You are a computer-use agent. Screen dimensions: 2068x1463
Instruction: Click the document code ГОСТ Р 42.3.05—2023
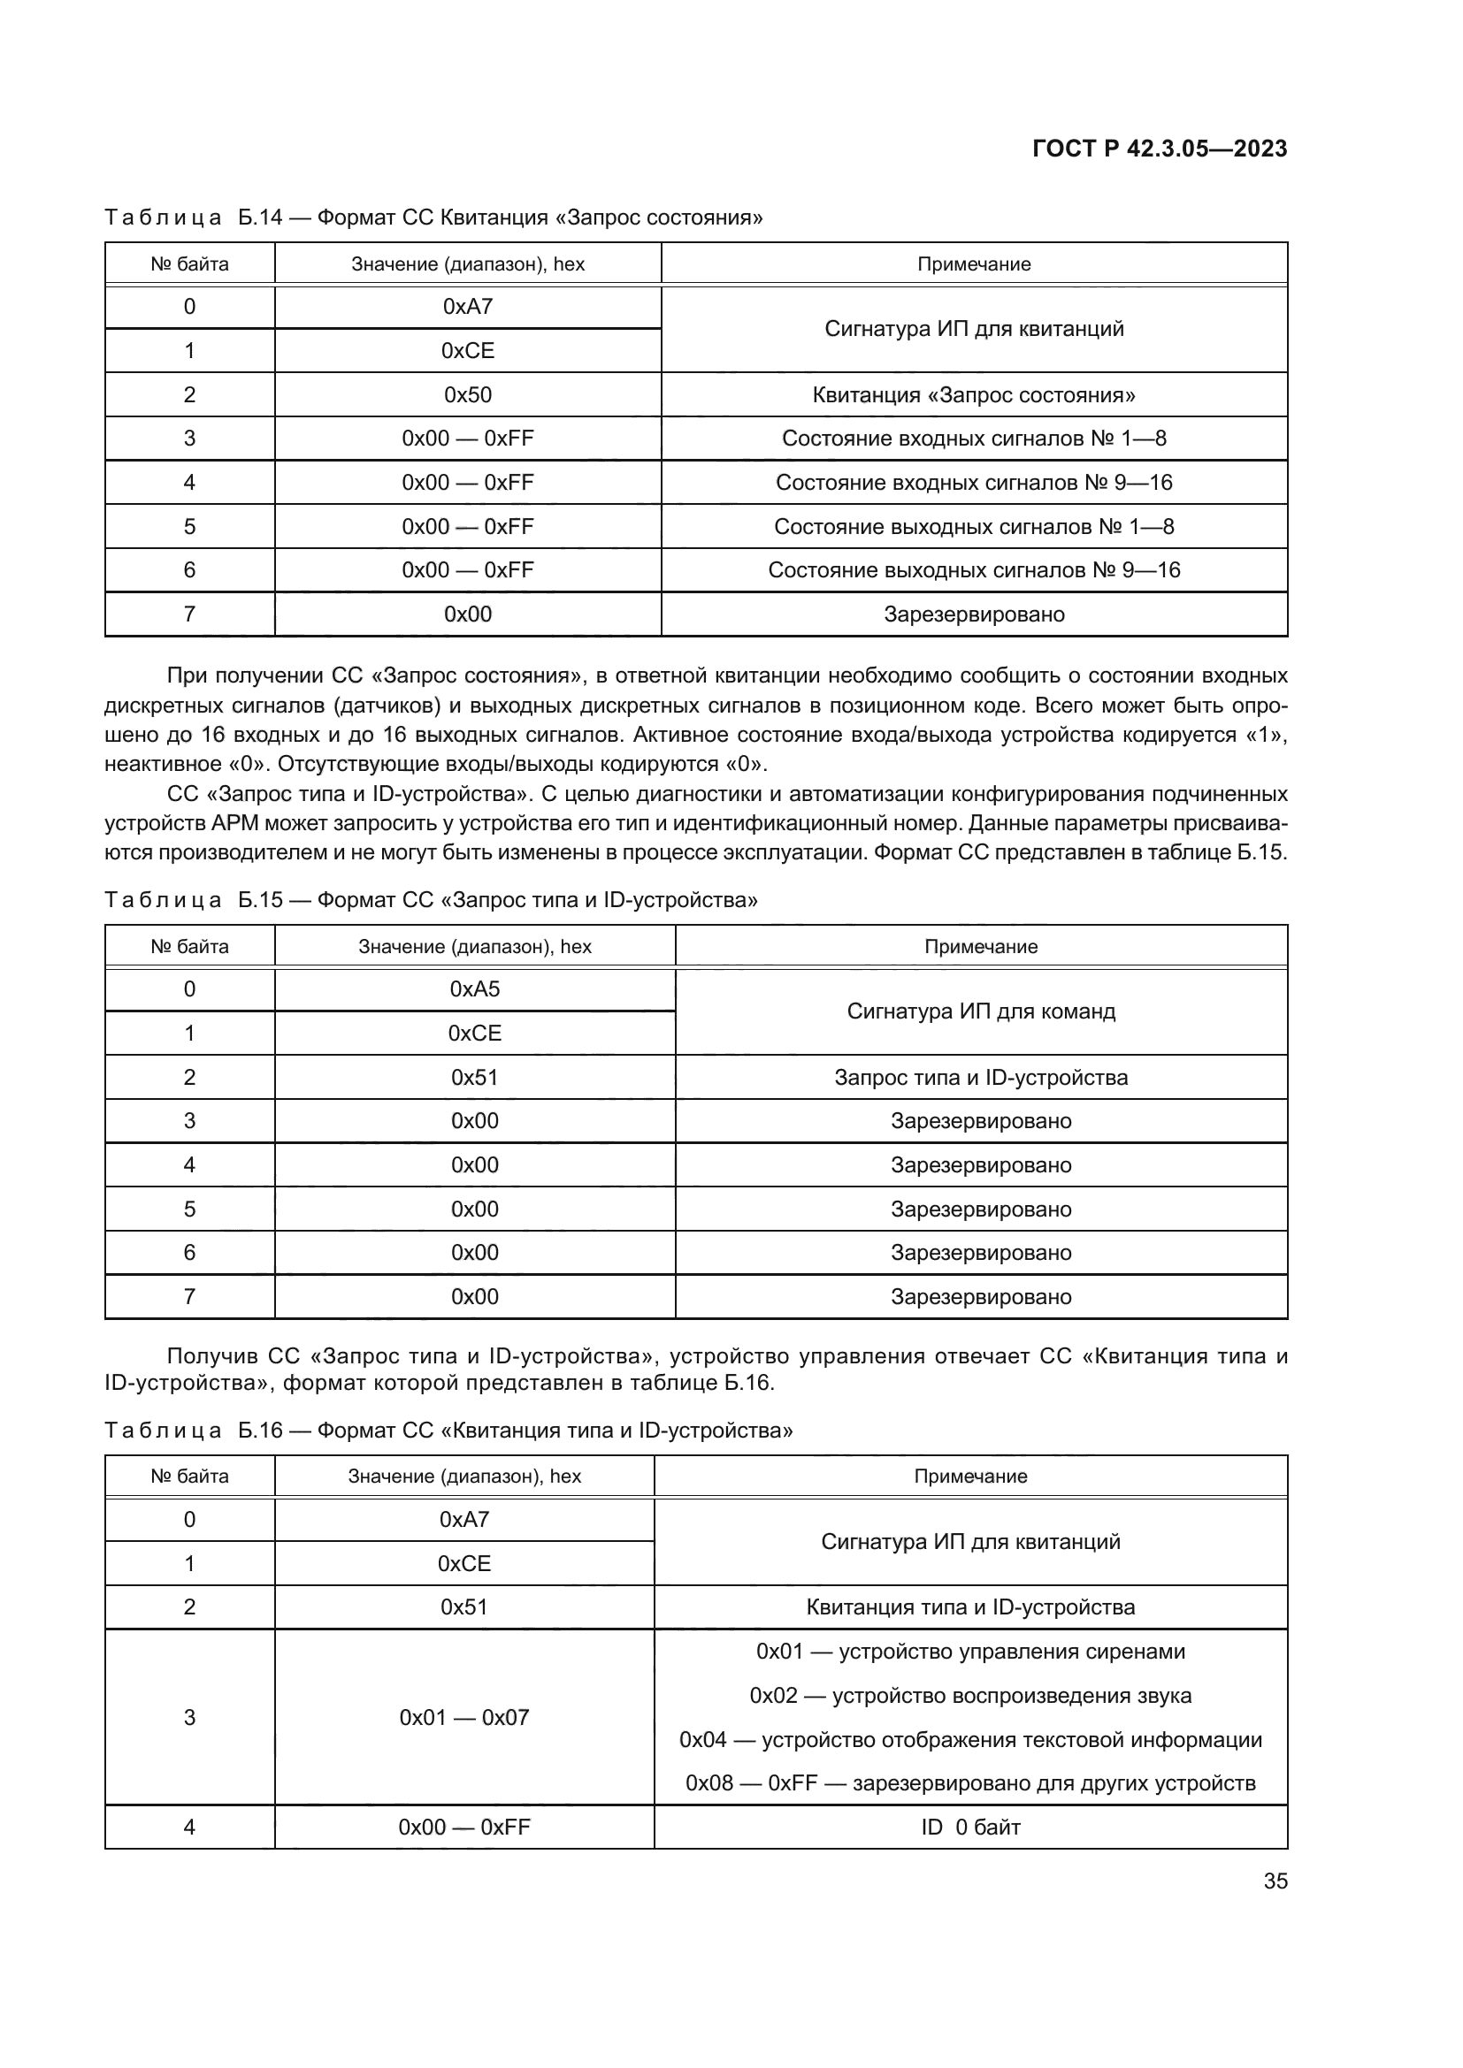coord(1159,149)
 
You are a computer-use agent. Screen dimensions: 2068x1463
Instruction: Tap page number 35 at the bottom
coord(1275,1881)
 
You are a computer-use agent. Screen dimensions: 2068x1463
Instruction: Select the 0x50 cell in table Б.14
coord(468,394)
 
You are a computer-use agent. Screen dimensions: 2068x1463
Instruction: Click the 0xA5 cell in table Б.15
coord(474,989)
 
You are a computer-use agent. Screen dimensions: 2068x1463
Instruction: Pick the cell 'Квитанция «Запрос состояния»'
coord(973,394)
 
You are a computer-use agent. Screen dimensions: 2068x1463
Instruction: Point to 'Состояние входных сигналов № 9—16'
coord(973,483)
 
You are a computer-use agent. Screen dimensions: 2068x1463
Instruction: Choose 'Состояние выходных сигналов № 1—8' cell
coord(973,527)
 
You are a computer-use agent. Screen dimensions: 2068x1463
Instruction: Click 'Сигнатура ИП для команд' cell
coord(980,1011)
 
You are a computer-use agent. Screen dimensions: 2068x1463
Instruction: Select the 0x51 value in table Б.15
coord(474,1077)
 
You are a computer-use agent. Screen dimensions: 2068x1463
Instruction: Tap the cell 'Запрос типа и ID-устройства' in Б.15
coord(980,1077)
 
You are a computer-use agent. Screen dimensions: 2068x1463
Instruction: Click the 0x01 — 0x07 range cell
coord(464,1718)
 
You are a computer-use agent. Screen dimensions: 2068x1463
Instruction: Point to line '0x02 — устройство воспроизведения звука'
coord(970,1696)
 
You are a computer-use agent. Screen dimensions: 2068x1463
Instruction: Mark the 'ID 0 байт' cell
coord(970,1828)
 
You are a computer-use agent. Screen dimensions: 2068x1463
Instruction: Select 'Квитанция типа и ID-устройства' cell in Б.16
coord(970,1607)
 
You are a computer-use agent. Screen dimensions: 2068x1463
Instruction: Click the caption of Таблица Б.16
coord(448,1431)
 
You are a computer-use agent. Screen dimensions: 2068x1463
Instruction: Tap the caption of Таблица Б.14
coord(433,217)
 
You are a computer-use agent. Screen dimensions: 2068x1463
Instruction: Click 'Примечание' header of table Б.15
coord(980,947)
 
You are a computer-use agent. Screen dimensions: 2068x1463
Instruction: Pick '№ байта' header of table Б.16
coord(189,1477)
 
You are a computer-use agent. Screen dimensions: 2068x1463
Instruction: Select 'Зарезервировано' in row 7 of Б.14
coord(973,614)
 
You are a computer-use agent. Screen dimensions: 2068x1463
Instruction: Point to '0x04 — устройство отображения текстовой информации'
coord(970,1740)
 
